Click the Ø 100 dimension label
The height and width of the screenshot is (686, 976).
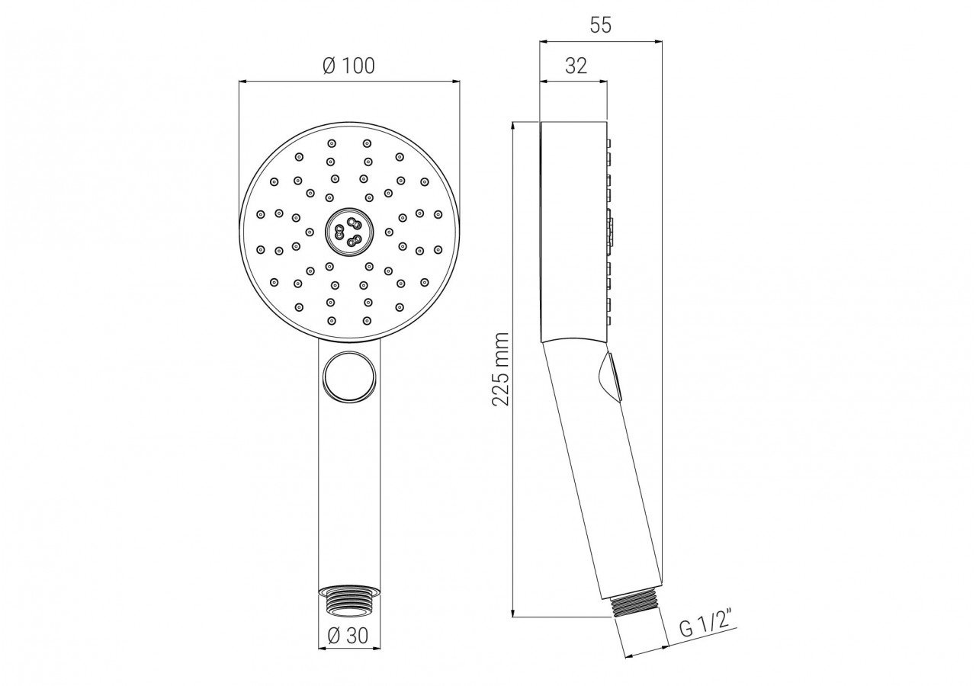pyautogui.click(x=348, y=66)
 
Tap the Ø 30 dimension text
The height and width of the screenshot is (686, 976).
pyautogui.click(x=348, y=636)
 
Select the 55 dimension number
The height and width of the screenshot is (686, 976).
pyautogui.click(x=601, y=25)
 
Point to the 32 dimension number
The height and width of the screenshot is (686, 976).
pyautogui.click(x=576, y=66)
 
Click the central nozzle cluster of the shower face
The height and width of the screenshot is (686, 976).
pyautogui.click(x=347, y=231)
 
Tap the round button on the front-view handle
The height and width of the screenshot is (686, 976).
pyautogui.click(x=350, y=376)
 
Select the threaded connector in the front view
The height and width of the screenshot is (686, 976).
pyautogui.click(x=349, y=602)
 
